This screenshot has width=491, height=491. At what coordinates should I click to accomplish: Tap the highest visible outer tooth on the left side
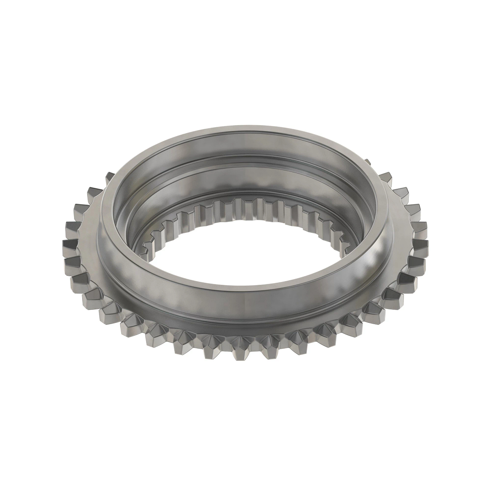110,177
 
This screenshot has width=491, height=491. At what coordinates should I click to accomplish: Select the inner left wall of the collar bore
125,213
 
